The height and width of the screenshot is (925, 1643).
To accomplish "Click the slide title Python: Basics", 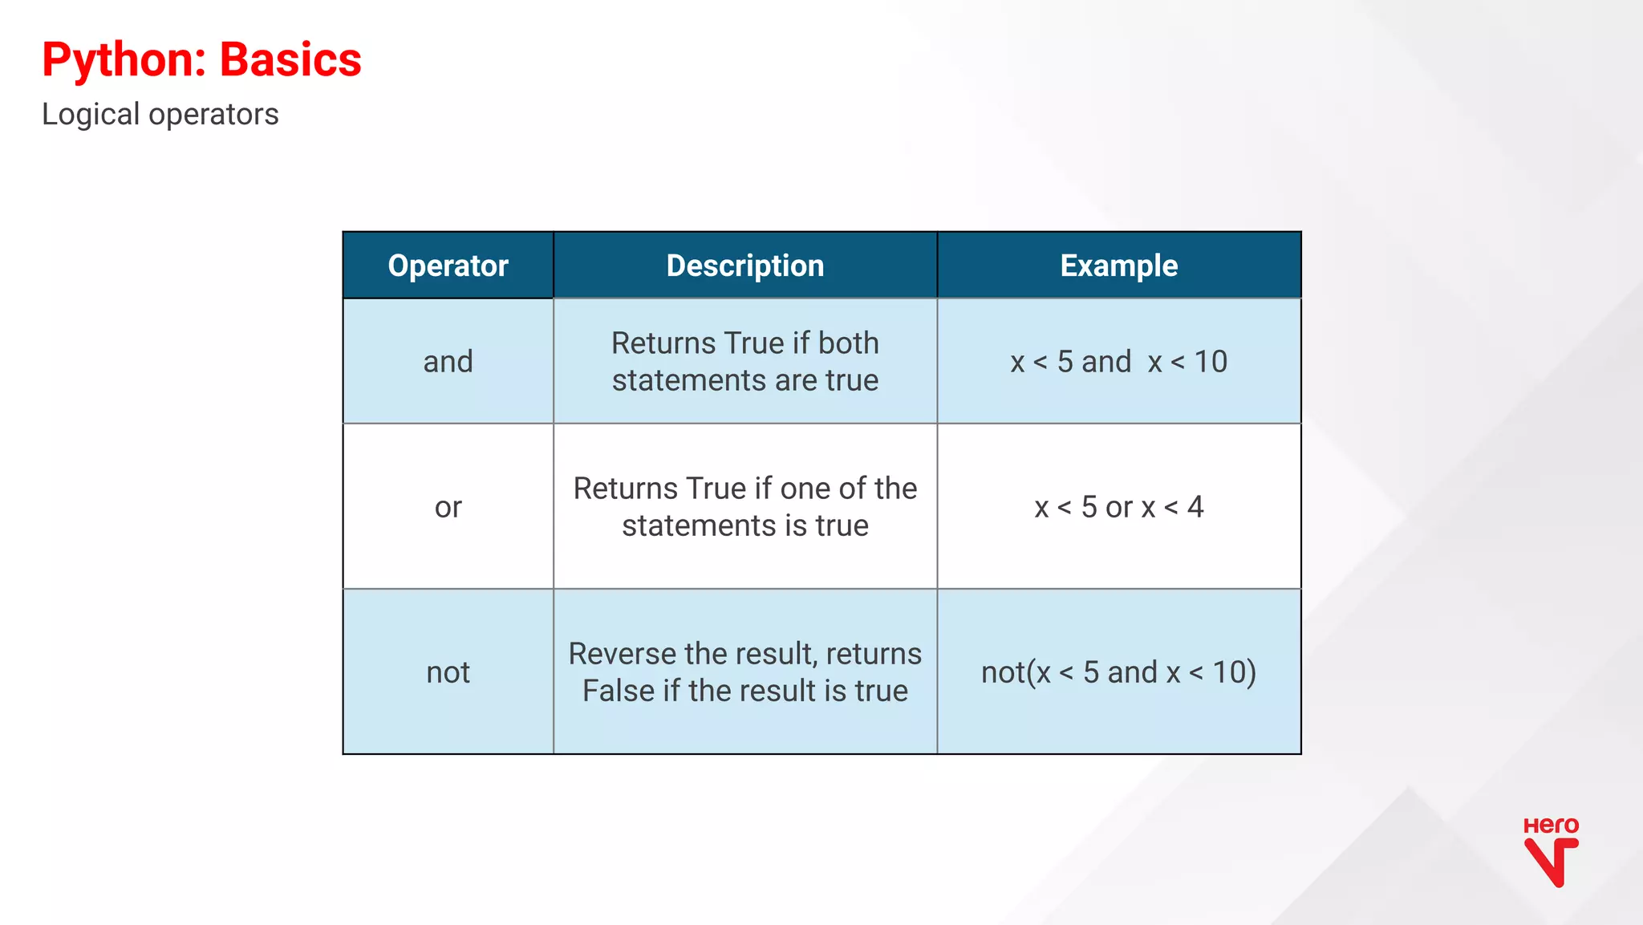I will pyautogui.click(x=201, y=60).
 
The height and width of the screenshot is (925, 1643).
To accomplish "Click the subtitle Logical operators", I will pyautogui.click(x=160, y=115).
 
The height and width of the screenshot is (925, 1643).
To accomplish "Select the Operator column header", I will pyautogui.click(x=448, y=266).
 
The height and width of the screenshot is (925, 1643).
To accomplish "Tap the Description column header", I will pyautogui.click(x=744, y=266).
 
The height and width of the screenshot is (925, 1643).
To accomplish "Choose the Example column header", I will pyautogui.click(x=1118, y=266).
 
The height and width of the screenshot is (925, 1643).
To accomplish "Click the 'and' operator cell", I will pyautogui.click(x=448, y=362).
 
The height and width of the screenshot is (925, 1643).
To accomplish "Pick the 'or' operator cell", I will pyautogui.click(x=448, y=507).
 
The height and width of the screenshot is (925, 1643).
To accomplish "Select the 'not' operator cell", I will pyautogui.click(x=448, y=672).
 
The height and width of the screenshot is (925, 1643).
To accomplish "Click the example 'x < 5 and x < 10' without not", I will pyautogui.click(x=1118, y=362).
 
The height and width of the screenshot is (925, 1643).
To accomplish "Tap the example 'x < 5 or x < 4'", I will pyautogui.click(x=1118, y=507).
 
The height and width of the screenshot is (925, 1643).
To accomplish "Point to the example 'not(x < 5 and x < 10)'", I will pyautogui.click(x=1118, y=672).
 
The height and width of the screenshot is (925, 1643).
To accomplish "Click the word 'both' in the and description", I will pyautogui.click(x=848, y=343).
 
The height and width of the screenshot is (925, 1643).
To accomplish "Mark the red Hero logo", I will pyautogui.click(x=1551, y=852).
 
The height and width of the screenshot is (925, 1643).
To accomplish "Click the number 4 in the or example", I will pyautogui.click(x=1195, y=507).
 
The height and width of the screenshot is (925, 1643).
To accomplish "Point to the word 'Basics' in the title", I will pyautogui.click(x=290, y=60).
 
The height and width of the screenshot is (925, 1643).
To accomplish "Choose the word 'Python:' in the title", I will pyautogui.click(x=124, y=60).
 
